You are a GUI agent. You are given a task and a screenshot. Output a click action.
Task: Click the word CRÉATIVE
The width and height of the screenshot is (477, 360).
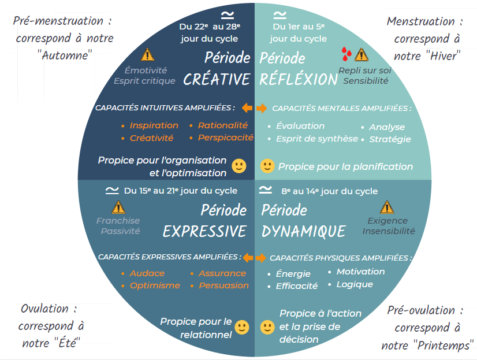[x=216, y=79]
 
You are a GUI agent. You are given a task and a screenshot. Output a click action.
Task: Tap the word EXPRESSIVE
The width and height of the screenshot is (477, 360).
[x=204, y=231]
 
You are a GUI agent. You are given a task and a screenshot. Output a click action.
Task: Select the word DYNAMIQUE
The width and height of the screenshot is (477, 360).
[x=303, y=231]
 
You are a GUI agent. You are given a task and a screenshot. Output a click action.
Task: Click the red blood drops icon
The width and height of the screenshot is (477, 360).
[x=345, y=54]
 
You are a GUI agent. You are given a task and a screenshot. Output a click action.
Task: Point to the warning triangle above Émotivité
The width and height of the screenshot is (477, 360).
[x=148, y=55]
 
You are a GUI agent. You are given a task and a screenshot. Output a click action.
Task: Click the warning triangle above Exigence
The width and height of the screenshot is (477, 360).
[x=387, y=207]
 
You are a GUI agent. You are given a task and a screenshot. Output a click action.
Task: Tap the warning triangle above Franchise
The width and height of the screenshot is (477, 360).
[x=118, y=207]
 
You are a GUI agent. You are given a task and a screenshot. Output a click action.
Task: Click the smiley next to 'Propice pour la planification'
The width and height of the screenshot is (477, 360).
[x=267, y=166]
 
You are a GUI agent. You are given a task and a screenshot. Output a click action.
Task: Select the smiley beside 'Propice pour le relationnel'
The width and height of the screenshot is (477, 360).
[x=242, y=328]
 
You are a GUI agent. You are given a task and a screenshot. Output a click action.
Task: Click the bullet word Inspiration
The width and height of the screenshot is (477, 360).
[x=154, y=125]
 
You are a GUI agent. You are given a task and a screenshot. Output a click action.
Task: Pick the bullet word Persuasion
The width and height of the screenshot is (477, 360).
[x=223, y=285]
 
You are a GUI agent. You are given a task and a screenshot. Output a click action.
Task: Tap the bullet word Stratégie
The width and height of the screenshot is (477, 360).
[x=390, y=139]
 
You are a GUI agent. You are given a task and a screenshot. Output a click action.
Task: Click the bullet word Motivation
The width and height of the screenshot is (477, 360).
[x=360, y=272]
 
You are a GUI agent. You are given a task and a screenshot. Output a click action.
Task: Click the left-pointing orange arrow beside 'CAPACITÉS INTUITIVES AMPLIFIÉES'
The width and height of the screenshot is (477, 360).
[x=247, y=108]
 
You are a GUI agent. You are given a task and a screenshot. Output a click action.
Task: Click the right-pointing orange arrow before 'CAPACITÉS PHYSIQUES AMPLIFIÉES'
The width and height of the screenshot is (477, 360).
[x=261, y=258]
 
